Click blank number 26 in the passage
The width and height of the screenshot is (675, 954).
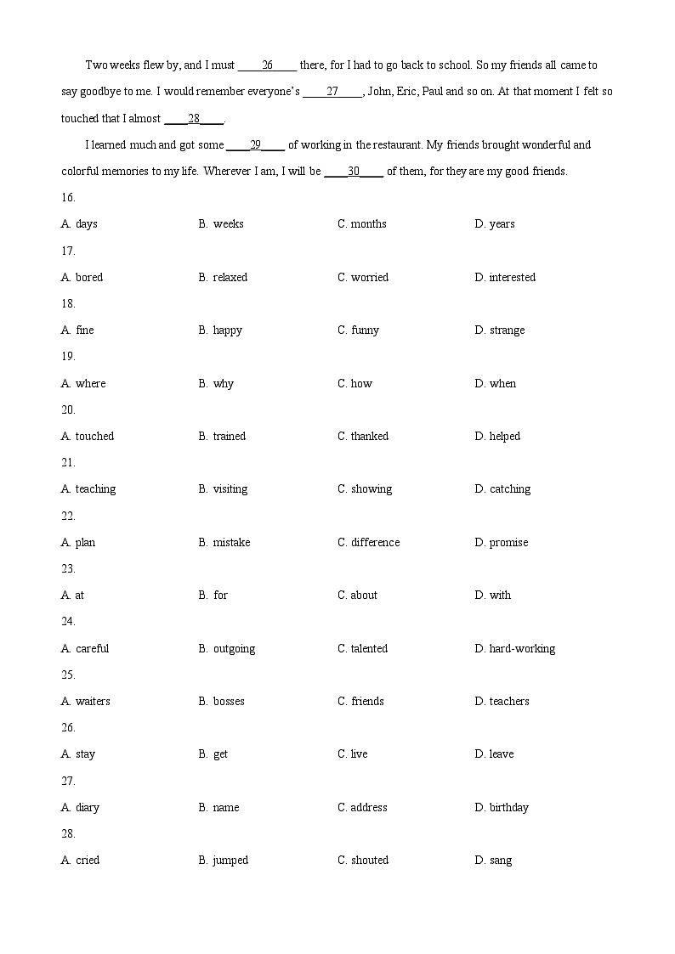click(267, 65)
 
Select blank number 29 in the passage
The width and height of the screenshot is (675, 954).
click(255, 144)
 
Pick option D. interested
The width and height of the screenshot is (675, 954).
click(505, 277)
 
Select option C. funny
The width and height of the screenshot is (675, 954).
click(358, 330)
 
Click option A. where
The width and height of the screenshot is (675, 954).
click(83, 383)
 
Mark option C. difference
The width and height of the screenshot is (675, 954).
click(368, 543)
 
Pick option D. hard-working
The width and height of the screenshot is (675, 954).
click(514, 649)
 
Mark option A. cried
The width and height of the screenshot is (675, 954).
click(80, 861)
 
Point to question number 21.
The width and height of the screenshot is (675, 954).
click(68, 463)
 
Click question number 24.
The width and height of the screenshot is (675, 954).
click(68, 622)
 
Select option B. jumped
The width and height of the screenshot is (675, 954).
click(224, 861)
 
